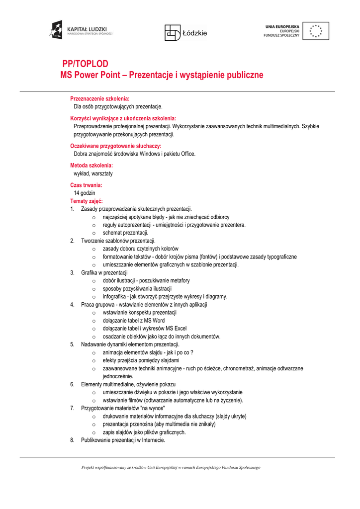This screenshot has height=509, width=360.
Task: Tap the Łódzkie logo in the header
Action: coord(186,33)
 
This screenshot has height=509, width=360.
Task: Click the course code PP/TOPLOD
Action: coord(85,64)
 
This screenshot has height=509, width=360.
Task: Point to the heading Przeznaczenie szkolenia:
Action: coord(99,99)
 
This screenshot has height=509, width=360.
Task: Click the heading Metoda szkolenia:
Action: coord(91,166)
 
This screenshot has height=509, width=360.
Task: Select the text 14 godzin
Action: coord(85,193)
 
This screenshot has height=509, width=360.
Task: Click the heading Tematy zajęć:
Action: coord(87,201)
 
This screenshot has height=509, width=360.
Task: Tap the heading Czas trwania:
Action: coord(86,185)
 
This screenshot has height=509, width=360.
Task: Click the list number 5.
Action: coord(72,344)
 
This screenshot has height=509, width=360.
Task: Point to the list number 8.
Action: coord(72,440)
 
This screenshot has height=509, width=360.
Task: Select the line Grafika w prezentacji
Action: coord(104,272)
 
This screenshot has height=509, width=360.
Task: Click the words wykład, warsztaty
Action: coord(93,173)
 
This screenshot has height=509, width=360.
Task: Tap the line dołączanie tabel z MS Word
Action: coord(133,321)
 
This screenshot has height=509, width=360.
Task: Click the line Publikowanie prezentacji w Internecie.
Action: coord(123,440)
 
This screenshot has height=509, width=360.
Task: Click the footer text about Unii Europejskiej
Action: coord(171,467)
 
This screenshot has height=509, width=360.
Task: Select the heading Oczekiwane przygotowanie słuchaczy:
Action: coord(115,146)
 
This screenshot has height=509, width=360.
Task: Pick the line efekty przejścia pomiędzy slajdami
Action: coord(141,360)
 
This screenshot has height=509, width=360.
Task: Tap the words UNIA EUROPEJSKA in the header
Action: coord(282,26)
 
